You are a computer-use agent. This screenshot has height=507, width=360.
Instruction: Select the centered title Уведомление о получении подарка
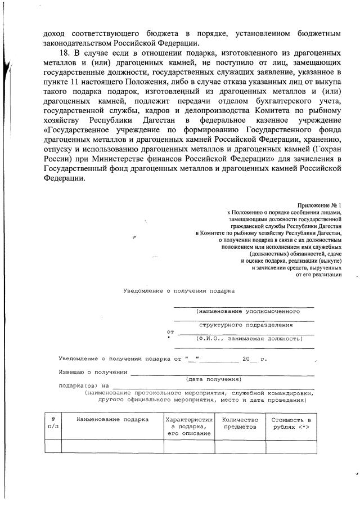(179, 291)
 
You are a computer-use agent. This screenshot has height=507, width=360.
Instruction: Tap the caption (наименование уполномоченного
(244, 311)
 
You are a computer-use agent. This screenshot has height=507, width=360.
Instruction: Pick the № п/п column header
(53, 423)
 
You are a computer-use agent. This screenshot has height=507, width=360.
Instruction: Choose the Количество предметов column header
(240, 423)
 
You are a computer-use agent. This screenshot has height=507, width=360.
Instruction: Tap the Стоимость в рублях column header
(291, 423)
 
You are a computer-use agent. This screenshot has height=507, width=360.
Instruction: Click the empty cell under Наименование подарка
(112, 446)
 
